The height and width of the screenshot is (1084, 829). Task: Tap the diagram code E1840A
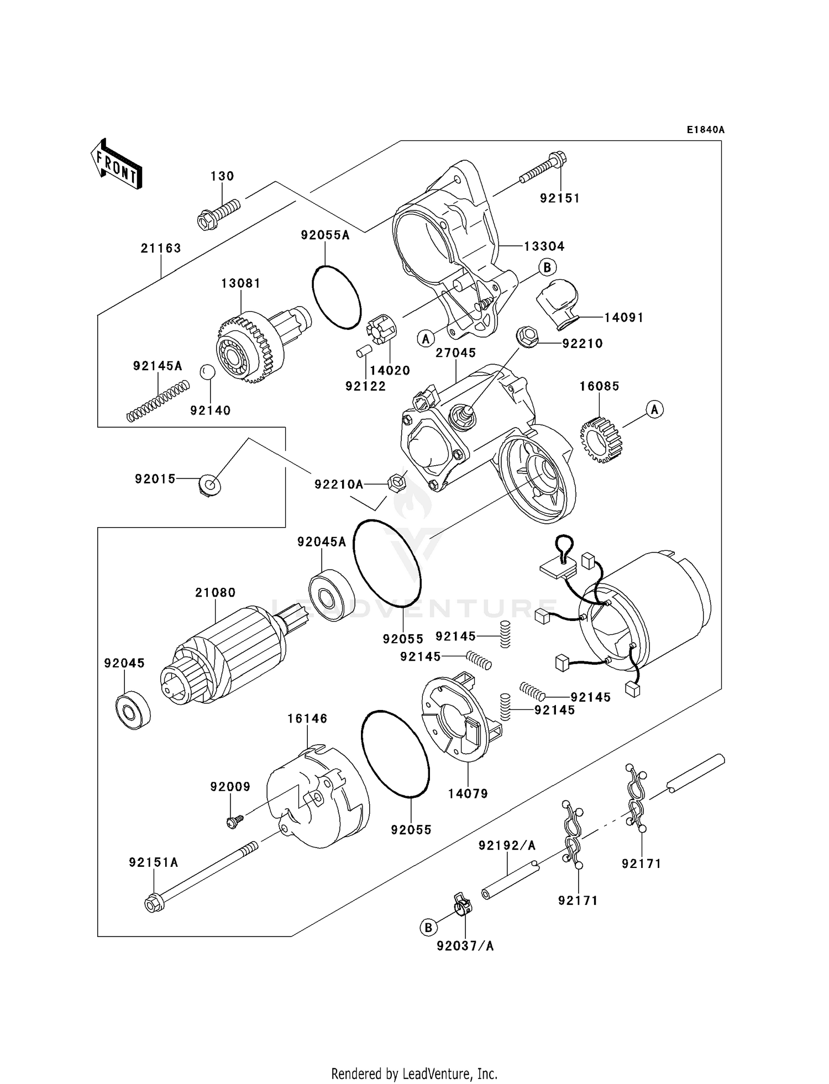click(705, 130)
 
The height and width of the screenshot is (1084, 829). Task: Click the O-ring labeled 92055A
click(336, 297)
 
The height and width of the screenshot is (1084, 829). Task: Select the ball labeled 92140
click(206, 372)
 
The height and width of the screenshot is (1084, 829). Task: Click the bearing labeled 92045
click(133, 710)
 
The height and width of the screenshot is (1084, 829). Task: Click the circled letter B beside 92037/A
click(428, 928)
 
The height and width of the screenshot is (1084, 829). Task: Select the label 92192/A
click(507, 845)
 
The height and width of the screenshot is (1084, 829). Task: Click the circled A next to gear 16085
click(655, 409)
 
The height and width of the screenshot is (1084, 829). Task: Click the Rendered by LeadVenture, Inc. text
click(414, 1074)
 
